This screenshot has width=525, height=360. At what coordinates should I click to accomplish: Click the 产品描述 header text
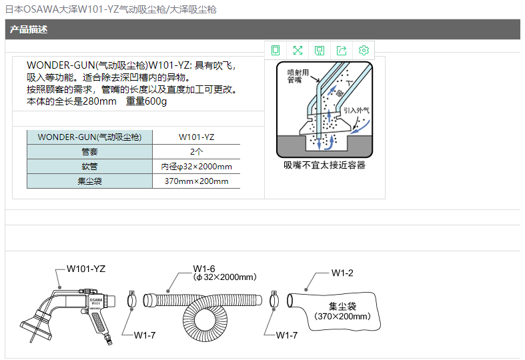[29, 29]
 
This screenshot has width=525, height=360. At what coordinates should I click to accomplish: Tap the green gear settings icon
[364, 50]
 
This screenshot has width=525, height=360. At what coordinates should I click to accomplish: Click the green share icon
[341, 51]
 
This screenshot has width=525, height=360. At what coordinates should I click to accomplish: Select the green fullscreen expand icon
[298, 51]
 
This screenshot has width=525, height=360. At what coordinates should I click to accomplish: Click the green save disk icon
[320, 51]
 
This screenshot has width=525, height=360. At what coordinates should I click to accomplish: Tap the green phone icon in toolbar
[276, 51]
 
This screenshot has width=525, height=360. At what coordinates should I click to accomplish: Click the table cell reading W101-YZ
[196, 137]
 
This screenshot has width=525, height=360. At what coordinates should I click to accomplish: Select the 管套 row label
[90, 152]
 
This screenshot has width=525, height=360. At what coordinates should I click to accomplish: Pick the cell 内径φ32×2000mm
[196, 167]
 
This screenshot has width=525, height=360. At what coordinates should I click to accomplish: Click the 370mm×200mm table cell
[196, 181]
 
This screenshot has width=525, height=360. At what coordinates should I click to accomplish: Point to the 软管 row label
[90, 167]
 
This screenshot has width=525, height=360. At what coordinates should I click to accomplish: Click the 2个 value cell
[196, 152]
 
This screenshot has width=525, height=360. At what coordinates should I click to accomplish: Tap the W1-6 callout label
[204, 269]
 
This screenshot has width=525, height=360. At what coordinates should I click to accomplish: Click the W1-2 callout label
[342, 273]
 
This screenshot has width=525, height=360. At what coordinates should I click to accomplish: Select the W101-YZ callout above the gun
[86, 269]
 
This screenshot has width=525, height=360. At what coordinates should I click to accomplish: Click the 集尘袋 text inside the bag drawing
[342, 306]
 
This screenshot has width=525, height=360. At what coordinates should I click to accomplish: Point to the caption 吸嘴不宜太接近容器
[324, 165]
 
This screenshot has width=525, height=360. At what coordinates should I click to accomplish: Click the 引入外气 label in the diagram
[356, 111]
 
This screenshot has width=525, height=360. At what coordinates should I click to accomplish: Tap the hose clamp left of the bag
[274, 300]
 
